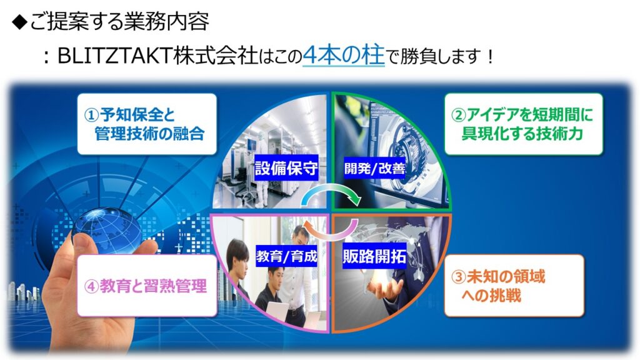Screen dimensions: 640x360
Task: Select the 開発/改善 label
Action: tap(375, 167)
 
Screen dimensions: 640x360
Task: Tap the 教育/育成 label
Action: tap(286, 256)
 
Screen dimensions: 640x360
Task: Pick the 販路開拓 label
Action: tap(374, 256)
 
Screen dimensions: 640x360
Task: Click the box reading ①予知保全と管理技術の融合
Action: tap(147, 124)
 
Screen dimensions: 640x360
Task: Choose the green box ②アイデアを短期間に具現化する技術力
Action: tap(523, 124)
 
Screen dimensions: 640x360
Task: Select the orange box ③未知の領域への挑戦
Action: tap(514, 286)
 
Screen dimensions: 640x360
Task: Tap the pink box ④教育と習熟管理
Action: tap(147, 286)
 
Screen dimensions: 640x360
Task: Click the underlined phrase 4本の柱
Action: tap(344, 55)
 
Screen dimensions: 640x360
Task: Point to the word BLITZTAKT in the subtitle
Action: tap(115, 56)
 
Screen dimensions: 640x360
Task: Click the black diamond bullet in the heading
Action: tap(19, 22)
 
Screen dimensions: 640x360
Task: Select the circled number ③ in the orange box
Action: tap(459, 277)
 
